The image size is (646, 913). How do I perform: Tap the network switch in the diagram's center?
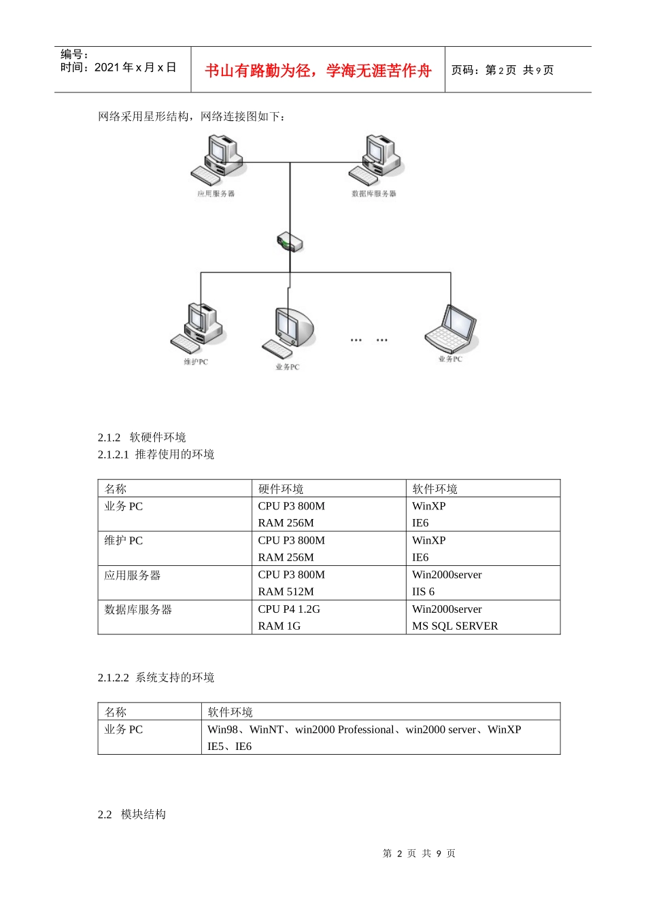tap(290, 242)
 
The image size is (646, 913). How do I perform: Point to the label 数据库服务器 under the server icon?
tap(373, 194)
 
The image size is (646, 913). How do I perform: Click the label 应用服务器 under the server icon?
tap(216, 194)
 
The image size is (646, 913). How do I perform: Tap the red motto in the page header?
tap(318, 71)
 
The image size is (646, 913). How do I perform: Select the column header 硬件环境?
tap(281, 489)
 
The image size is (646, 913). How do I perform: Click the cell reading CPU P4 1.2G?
tap(289, 609)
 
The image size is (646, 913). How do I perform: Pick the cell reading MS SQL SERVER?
tap(455, 626)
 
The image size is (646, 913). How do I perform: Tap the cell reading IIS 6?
tap(423, 592)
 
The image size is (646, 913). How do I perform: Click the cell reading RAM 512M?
tap(286, 592)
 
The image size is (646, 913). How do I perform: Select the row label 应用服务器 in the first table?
tap(133, 575)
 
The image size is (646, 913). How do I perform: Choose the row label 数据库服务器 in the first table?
tap(138, 609)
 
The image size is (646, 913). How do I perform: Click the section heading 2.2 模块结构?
tap(132, 814)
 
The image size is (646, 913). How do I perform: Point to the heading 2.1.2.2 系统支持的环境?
tap(156, 677)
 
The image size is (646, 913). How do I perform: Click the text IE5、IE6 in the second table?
tap(229, 747)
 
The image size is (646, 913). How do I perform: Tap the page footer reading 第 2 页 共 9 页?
tap(419, 853)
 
